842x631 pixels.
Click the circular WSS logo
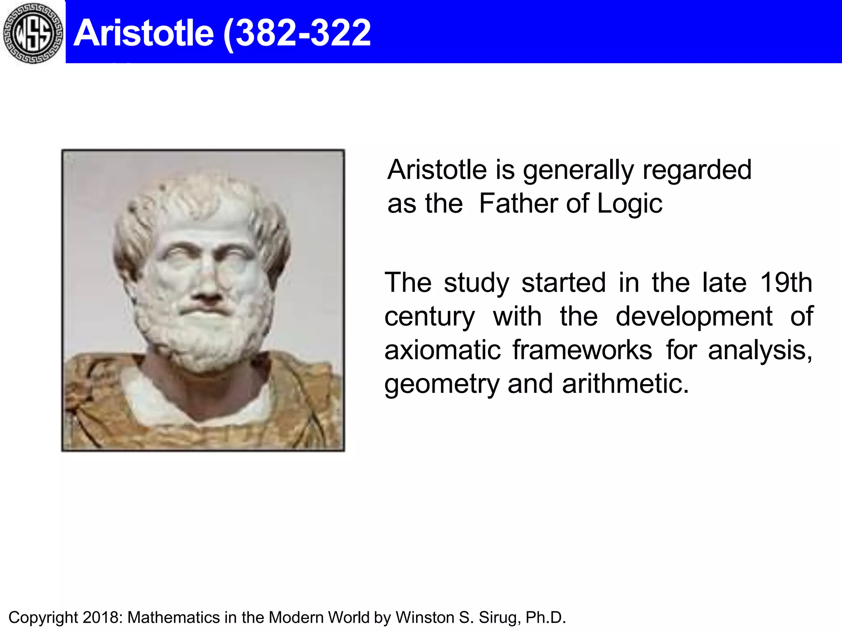coord(33,33)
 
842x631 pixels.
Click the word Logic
coord(629,204)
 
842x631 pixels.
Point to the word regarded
coord(697,170)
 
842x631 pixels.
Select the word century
coord(430,317)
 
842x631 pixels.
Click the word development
coord(694,317)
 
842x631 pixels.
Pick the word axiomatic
coord(442,350)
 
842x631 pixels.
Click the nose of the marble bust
coord(208,288)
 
